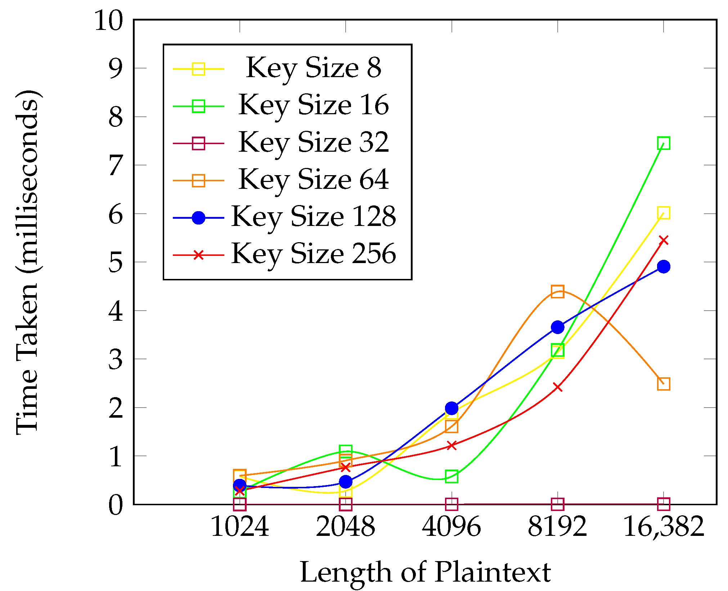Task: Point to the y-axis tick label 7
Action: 116,166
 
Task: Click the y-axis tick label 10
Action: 109,21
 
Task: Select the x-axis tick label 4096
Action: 451,527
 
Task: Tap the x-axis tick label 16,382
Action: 663,527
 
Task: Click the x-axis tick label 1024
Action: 240,527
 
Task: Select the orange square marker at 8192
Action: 557,291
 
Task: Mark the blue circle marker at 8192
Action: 557,327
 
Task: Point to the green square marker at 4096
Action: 451,476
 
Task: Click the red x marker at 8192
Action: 558,387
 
